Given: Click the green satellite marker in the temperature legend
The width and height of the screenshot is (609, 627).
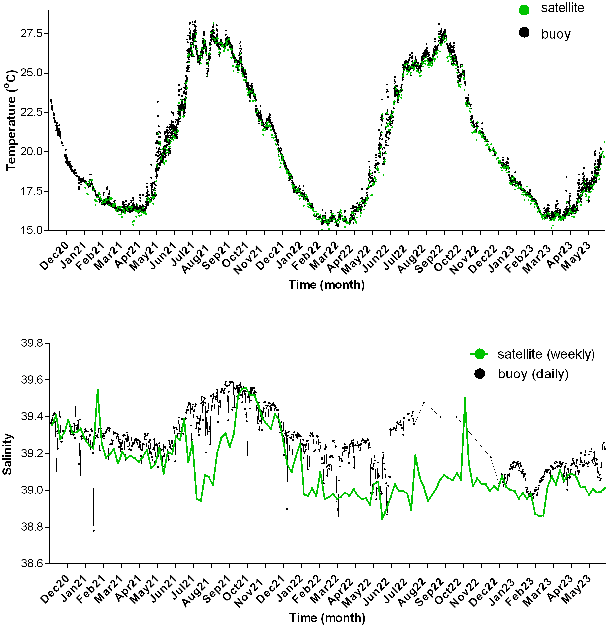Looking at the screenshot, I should click(x=524, y=10).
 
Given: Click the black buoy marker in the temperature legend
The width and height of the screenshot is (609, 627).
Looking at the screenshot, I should click(x=524, y=32).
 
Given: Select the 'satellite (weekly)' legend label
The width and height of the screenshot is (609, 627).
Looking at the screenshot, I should click(x=546, y=354).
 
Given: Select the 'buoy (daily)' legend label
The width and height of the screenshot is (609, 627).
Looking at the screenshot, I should click(x=533, y=374).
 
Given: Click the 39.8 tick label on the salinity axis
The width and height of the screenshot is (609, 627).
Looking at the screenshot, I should click(x=32, y=343).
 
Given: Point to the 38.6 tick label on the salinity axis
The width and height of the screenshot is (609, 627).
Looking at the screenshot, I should click(x=32, y=564).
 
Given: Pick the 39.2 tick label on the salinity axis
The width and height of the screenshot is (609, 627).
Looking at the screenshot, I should click(x=32, y=454).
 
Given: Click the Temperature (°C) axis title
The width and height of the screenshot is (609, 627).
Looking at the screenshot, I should click(x=11, y=120).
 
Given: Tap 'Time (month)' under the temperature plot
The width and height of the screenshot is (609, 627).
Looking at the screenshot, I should click(x=326, y=285).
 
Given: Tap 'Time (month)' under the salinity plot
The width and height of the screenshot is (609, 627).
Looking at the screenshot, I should click(x=327, y=618).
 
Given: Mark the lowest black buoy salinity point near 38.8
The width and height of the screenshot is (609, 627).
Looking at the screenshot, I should click(x=94, y=531).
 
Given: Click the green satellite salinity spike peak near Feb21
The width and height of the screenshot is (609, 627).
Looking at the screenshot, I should click(x=98, y=390).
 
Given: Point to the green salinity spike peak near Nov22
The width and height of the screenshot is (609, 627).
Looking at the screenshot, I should click(x=465, y=398).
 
